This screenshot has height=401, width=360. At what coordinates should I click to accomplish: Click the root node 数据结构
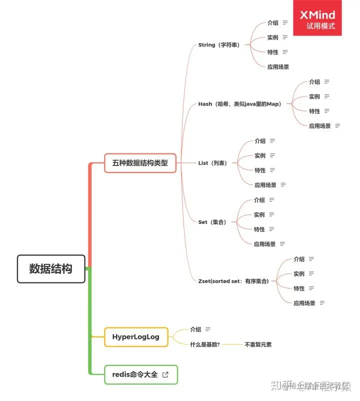pyautogui.click(x=51, y=269)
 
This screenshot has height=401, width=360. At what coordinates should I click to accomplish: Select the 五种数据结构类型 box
pyautogui.click(x=140, y=163)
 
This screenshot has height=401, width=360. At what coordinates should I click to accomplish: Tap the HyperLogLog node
pyautogui.click(x=136, y=337)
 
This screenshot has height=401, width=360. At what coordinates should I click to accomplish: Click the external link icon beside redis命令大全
pyautogui.click(x=165, y=374)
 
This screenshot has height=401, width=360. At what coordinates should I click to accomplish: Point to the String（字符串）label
pyautogui.click(x=219, y=45)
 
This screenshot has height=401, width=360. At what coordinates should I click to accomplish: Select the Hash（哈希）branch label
pyautogui.click(x=239, y=104)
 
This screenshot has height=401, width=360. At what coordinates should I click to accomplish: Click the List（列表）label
pyautogui.click(x=212, y=163)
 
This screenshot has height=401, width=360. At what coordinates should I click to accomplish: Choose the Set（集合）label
pyautogui.click(x=212, y=222)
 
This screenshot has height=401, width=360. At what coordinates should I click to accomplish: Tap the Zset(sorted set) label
pyautogui.click(x=233, y=281)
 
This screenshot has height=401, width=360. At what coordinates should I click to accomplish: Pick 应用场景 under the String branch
pyautogui.click(x=278, y=66)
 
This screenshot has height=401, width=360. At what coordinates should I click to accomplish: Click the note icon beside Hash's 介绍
pyautogui.click(x=327, y=81)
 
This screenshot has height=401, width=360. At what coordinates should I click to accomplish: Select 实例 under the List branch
pyautogui.click(x=260, y=155)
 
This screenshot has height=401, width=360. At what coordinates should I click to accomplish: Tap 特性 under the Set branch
pyautogui.click(x=259, y=229)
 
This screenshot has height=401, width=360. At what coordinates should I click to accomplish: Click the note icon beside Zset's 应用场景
pyautogui.click(x=322, y=302)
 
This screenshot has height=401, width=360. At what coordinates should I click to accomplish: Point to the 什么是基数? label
pyautogui.click(x=205, y=344)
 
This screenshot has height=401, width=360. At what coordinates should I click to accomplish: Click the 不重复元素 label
pyautogui.click(x=258, y=344)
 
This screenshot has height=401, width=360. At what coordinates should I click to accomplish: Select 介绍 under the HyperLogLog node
pyautogui.click(x=195, y=329)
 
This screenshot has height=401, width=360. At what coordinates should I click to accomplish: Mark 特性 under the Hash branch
pyautogui.click(x=314, y=111)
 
